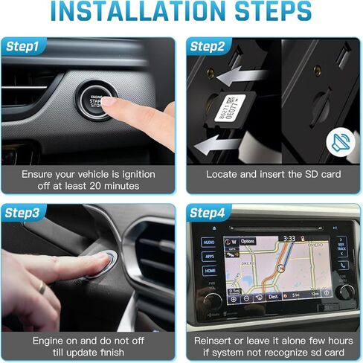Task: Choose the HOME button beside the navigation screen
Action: [209, 272]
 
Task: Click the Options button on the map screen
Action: [248, 240]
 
